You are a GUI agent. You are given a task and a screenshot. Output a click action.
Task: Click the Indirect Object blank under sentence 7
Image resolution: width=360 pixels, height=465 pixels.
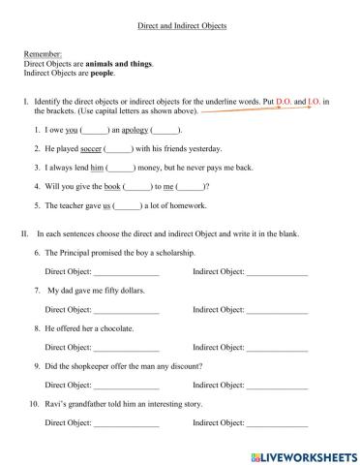click(277, 310)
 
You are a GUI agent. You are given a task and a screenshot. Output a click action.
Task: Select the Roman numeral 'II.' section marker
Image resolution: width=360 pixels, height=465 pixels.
click(25, 233)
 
